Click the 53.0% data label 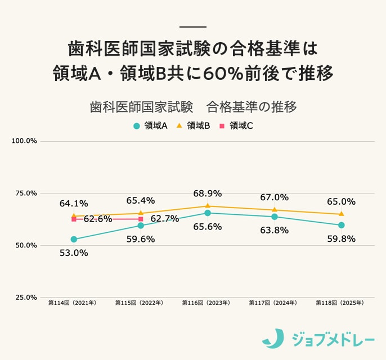pyautogui.click(x=74, y=253)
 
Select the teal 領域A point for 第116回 pyautogui.click(x=208, y=213)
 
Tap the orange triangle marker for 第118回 pyautogui.click(x=341, y=214)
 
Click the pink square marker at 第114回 pyautogui.click(x=74, y=219)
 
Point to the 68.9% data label pyautogui.click(x=208, y=193)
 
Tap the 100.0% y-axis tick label pyautogui.click(x=24, y=141)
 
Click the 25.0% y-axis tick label pyautogui.click(x=24, y=298)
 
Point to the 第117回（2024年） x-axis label pyautogui.click(x=274, y=303)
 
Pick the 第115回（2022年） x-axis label pyautogui.click(x=140, y=303)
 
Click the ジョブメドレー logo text pyautogui.click(x=333, y=339)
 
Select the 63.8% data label pyautogui.click(x=275, y=229)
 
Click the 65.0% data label pyautogui.click(x=341, y=201)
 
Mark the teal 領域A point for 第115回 pyautogui.click(x=141, y=226)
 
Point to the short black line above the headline pyautogui.click(x=193, y=26)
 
